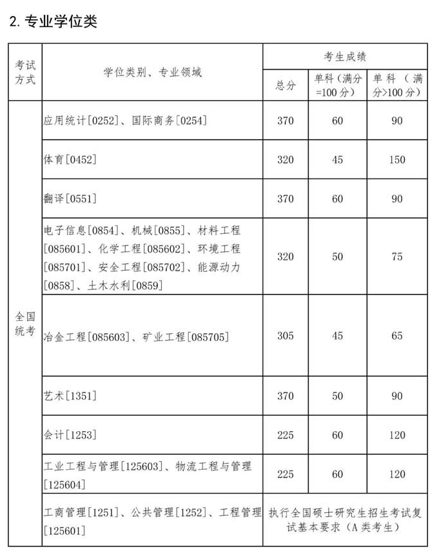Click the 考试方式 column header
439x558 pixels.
coord(25,72)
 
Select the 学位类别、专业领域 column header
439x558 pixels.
coord(153,72)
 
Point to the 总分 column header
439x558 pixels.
coord(286,85)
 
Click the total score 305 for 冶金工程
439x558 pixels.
coord(286,336)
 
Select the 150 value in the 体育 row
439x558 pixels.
coord(397,160)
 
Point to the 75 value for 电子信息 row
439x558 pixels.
coord(397,256)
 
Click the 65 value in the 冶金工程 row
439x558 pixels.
coord(397,336)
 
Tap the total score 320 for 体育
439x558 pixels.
coord(286,160)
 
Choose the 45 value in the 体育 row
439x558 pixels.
coord(338,160)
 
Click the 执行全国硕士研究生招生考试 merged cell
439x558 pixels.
coord(345,520)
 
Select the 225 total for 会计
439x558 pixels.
coord(286,435)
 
